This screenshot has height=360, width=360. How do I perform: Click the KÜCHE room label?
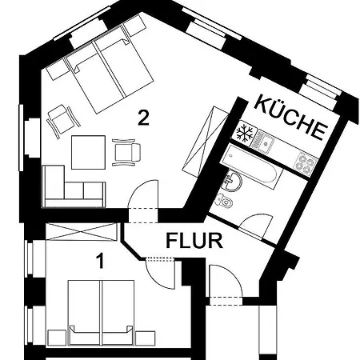pos(290,118)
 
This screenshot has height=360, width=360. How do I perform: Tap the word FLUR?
pos(194,241)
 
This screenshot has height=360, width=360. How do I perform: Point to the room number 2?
pos(143,118)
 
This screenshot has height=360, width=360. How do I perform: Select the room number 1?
pos(100,261)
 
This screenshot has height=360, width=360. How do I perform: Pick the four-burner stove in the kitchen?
pos(305,163)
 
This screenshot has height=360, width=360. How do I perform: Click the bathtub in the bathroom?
pos(251,166)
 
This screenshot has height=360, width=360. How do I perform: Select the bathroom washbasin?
pos(234,181)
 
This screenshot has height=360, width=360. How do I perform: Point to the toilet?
pos(224,201)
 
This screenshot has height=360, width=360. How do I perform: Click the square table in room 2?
pos(88,152)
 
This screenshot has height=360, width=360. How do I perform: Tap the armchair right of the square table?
pos(126,152)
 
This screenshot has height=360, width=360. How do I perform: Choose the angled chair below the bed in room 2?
pos(63,121)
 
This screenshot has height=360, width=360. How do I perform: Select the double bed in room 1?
pos(101,313)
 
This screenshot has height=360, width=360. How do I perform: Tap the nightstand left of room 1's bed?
pos(57,338)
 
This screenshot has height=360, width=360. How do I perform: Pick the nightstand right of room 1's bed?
pos(146,338)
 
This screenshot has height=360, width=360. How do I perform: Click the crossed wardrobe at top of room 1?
pos(82,232)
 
